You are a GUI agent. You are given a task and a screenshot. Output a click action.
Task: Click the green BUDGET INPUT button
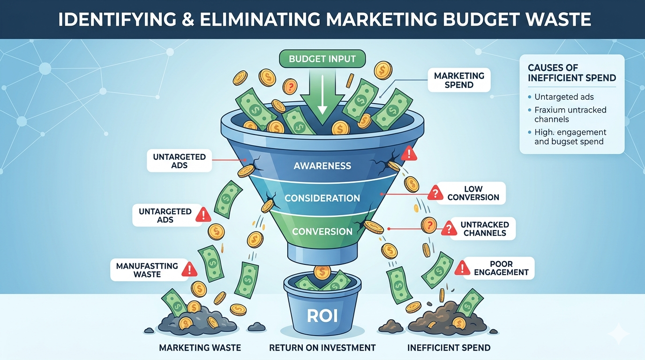click(322, 59)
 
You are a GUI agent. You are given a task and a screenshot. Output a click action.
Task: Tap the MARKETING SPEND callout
click(459, 80)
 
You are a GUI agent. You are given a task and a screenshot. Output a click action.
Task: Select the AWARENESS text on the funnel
click(322, 165)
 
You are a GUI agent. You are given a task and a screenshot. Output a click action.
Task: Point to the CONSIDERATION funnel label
click(322, 198)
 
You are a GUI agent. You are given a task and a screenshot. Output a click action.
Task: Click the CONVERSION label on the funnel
click(322, 231)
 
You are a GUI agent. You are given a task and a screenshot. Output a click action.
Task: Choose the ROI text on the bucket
click(322, 315)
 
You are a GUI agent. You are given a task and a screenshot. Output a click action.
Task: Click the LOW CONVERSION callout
click(471, 193)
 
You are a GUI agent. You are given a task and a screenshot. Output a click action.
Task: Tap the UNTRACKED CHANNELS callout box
click(483, 229)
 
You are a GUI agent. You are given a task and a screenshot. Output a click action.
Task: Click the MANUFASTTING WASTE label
click(150, 270)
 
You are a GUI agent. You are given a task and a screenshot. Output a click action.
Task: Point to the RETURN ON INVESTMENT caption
click(322, 348)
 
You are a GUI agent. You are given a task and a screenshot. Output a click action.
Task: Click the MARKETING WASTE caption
click(200, 348)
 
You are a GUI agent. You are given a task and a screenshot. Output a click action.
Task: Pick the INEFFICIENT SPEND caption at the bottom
click(449, 348)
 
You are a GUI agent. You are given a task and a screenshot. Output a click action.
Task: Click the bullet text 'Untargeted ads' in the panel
click(564, 97)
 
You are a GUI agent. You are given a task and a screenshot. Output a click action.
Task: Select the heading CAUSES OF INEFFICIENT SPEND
click(571, 73)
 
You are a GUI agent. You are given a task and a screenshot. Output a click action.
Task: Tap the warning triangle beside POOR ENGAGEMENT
click(462, 268)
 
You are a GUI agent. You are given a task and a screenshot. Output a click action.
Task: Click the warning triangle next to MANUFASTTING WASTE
click(189, 269)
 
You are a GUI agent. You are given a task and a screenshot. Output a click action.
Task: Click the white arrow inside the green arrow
click(322, 95)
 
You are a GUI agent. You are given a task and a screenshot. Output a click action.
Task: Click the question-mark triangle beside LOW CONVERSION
click(435, 193)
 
